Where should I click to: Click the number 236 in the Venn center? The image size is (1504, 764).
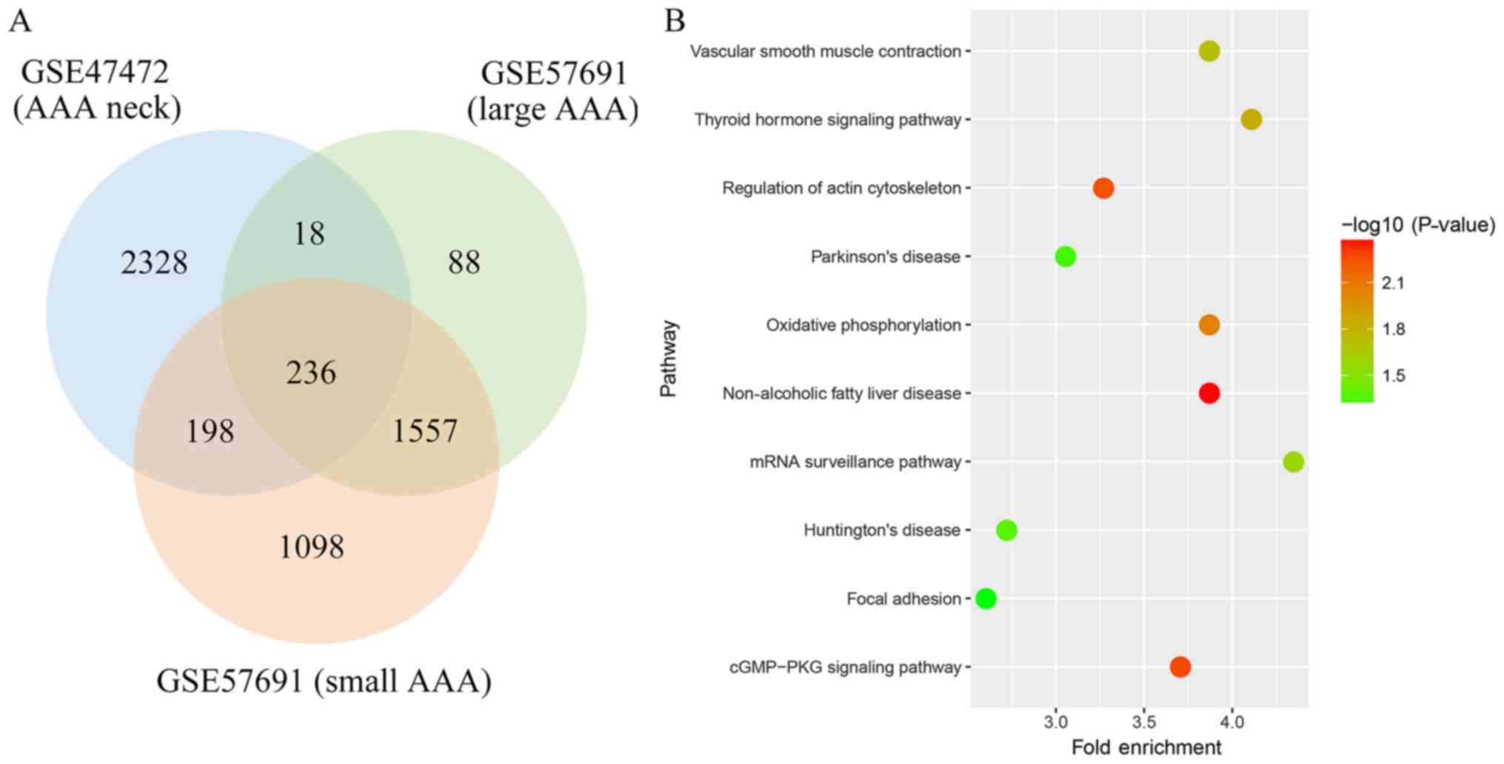[x=312, y=372]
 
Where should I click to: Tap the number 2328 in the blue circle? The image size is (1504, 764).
[x=154, y=262]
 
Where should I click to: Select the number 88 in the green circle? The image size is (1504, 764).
[x=464, y=262]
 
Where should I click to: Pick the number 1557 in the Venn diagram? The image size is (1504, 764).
[x=424, y=431]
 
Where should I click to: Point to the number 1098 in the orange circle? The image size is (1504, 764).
[x=312, y=548]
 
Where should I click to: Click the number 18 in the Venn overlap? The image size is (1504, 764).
[x=310, y=234]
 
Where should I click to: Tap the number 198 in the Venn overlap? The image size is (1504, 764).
[x=210, y=431]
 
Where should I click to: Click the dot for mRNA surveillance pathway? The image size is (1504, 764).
[x=1293, y=462]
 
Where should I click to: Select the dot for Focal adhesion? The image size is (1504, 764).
[x=986, y=599]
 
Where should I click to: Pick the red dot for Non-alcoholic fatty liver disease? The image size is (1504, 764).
[x=1209, y=393]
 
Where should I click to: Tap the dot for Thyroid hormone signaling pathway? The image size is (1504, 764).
[x=1251, y=119]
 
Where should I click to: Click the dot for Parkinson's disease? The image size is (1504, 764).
[x=1065, y=256]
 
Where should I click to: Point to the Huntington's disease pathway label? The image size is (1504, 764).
[x=882, y=531]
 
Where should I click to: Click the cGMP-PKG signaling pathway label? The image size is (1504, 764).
[x=845, y=668]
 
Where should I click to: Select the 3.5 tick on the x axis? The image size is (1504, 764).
[x=1144, y=721]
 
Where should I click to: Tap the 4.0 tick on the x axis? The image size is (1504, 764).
[x=1232, y=721]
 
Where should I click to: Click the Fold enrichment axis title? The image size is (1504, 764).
[x=1146, y=747]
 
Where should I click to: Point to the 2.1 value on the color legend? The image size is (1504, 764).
[x=1393, y=283]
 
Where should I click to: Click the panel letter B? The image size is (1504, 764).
[x=675, y=21]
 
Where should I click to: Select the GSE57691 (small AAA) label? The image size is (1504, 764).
[x=324, y=681]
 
